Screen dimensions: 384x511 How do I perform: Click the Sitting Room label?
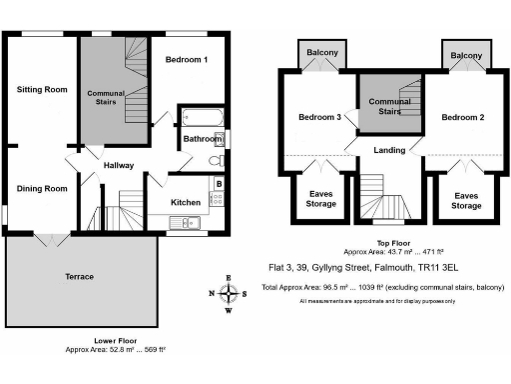coord(42,89)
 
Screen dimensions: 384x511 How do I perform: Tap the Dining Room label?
coord(42,188)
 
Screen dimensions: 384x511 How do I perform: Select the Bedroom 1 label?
coord(187,61)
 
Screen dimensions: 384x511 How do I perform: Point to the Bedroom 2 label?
coord(462,117)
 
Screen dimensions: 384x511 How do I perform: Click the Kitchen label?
coord(186,202)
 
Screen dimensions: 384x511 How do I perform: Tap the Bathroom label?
coord(201,140)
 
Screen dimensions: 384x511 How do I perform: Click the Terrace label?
coord(80,276)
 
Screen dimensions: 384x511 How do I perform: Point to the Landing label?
coord(388,151)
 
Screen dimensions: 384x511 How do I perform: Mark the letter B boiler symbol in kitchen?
coord(218,183)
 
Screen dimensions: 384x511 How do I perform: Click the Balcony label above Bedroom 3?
coord(321,53)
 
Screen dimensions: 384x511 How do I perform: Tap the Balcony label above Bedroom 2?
coord(465,55)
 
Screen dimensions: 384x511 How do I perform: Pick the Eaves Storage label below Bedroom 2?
coord(465,200)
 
